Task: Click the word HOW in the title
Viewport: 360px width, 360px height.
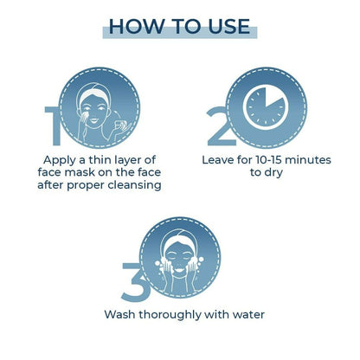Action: [x=136, y=26]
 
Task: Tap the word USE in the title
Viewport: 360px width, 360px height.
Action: [x=229, y=26]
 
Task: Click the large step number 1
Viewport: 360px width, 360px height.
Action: [x=54, y=125]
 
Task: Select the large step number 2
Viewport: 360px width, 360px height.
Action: [x=221, y=125]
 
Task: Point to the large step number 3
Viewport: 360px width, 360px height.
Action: [x=135, y=282]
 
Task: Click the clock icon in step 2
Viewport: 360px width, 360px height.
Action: [x=266, y=107]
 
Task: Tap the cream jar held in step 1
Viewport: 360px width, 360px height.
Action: [x=119, y=125]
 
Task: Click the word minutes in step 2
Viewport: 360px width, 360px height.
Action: [x=308, y=160]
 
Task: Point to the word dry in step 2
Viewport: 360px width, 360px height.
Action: [x=274, y=173]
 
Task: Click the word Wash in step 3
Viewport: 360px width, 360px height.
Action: [x=119, y=314]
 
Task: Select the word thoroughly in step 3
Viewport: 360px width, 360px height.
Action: [x=170, y=315]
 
